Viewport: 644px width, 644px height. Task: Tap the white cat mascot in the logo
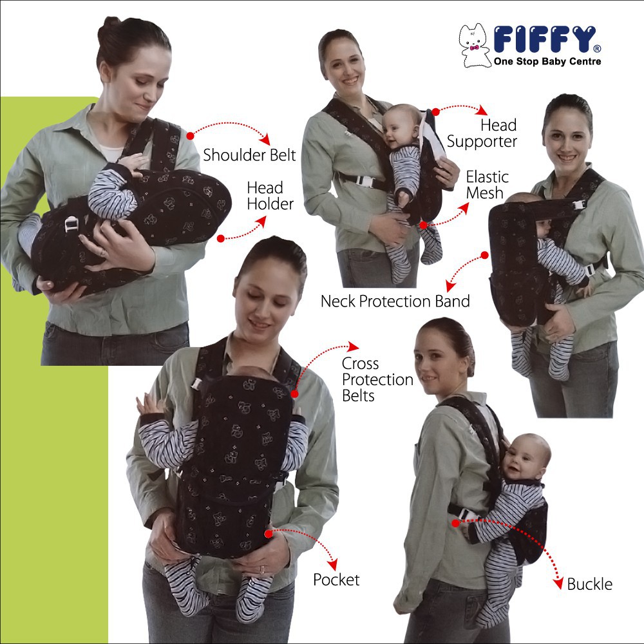pos(474,45)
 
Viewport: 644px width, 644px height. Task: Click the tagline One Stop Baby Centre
pos(547,62)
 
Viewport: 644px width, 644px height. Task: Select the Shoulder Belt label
pos(249,155)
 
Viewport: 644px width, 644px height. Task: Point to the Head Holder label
pos(270,196)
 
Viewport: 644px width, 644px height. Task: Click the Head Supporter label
pos(482,133)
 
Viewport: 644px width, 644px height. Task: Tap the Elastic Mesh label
pos(487,185)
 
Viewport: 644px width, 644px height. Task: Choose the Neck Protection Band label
pos(395,301)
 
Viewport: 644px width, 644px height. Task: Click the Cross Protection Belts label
pos(377,379)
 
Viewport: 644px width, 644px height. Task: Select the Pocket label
pos(336,580)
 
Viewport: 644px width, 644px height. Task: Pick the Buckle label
pos(589,585)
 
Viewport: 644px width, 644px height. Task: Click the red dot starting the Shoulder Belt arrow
pos(190,136)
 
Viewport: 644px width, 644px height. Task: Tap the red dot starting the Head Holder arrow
pos(221,238)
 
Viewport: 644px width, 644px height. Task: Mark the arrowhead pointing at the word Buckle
pos(558,583)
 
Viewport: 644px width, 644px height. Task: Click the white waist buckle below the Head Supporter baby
pos(366,182)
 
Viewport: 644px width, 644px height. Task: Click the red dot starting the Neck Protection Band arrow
pos(485,256)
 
